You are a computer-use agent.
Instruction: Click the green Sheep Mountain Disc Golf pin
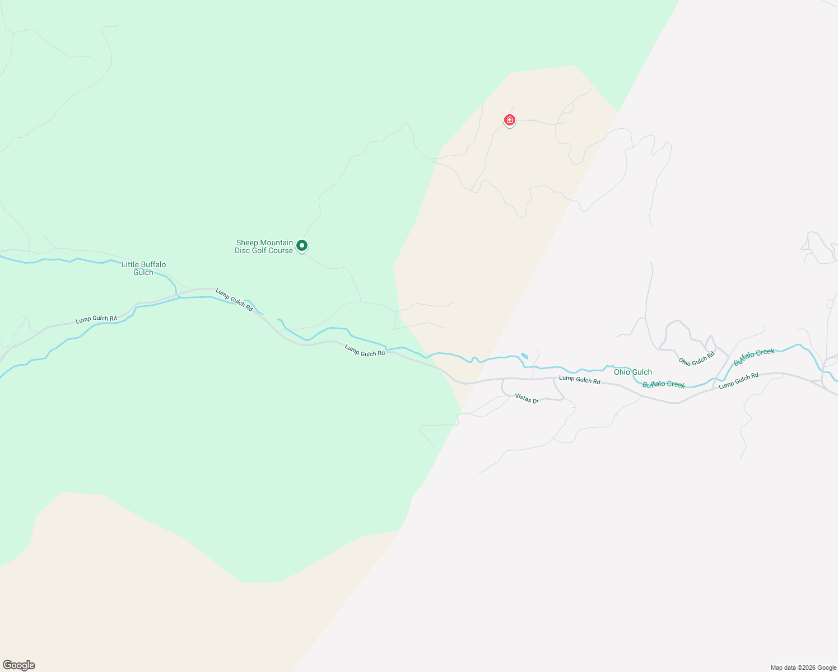302,246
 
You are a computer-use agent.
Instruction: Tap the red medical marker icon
509,120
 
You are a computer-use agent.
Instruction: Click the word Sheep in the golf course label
247,242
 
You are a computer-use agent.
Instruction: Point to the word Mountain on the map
277,242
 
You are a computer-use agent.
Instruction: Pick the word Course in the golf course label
281,250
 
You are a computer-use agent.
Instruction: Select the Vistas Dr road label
527,398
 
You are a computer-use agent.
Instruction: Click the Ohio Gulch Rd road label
697,358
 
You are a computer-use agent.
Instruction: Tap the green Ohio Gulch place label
633,372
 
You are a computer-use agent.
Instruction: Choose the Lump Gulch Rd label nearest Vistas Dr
579,380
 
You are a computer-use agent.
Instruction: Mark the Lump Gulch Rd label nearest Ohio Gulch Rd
738,380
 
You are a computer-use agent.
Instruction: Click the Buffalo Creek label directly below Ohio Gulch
664,384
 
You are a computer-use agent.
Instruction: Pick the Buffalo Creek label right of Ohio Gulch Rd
754,357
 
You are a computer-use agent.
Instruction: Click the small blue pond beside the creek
524,356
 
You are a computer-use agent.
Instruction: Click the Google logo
18,665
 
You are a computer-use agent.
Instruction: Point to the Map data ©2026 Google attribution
803,668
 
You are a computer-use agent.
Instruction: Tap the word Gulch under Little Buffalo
143,272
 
